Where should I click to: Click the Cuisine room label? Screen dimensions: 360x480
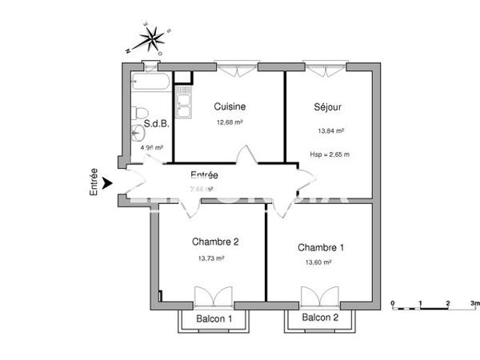click(230, 106)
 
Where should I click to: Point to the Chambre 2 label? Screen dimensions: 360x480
click(215, 242)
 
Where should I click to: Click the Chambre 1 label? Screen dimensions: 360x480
click(321, 247)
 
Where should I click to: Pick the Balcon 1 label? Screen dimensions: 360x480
click(214, 319)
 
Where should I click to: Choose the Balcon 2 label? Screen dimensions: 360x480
click(320, 318)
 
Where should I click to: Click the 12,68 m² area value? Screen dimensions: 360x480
click(230, 122)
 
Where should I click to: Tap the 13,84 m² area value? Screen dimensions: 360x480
click(331, 130)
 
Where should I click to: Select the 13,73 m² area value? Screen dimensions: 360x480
click(211, 258)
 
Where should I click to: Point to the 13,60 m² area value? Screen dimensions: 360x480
click(318, 262)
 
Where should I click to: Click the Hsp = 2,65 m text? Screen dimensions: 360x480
click(330, 154)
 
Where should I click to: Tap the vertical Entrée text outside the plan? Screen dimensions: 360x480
click(94, 182)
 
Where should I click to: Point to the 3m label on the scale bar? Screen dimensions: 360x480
click(474, 304)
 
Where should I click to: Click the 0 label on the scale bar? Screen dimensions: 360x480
click(393, 304)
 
